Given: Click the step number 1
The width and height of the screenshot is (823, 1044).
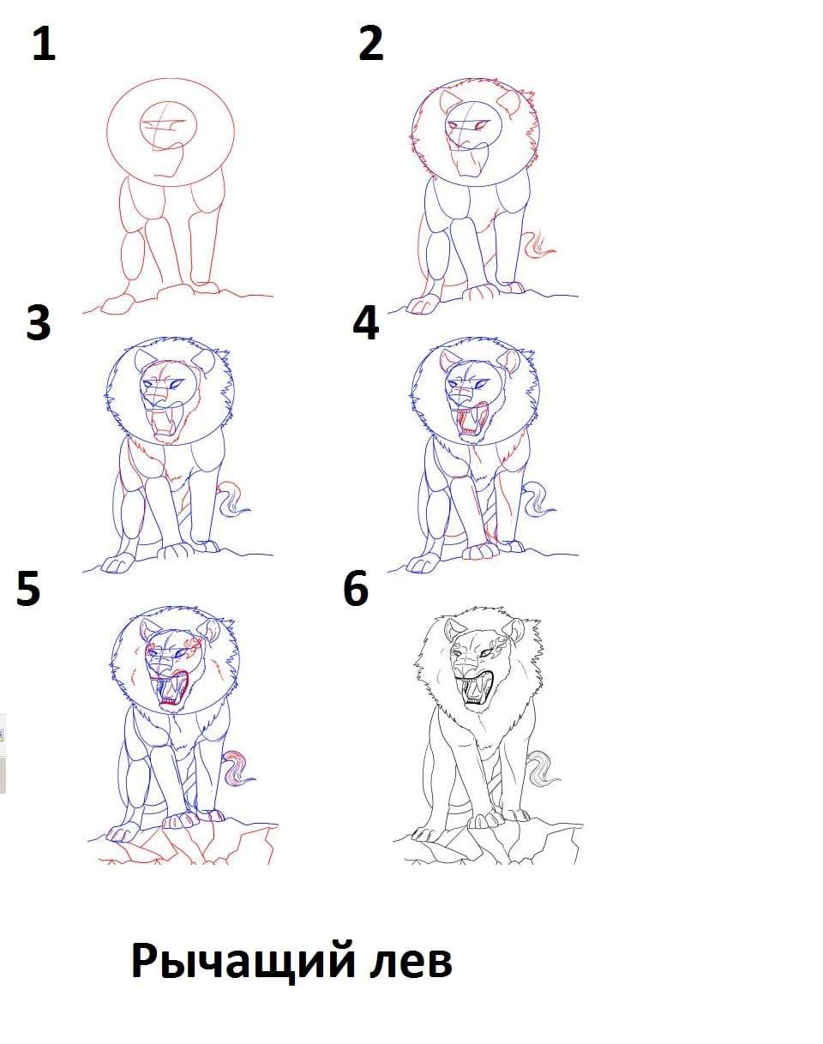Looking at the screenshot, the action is click(45, 44).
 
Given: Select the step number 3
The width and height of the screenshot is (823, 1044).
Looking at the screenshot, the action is click(39, 322).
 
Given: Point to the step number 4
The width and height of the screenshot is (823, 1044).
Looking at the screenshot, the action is click(365, 322).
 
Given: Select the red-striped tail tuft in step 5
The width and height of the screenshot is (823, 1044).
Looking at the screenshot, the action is click(237, 768).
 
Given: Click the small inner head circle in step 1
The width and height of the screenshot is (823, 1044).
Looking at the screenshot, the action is click(168, 125).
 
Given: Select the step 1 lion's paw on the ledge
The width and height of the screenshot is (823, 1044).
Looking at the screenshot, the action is click(117, 305).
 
